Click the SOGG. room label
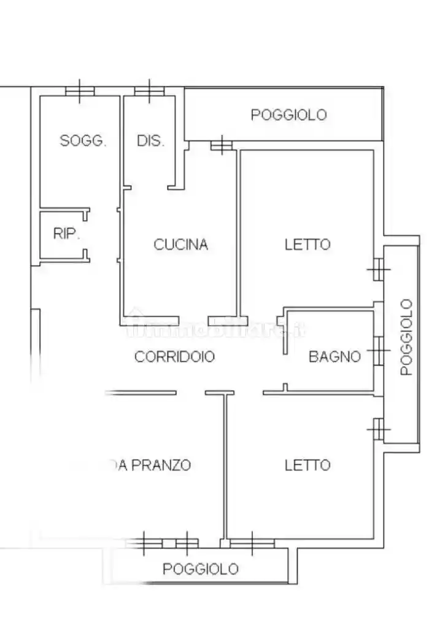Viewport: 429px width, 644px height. (x=83, y=140)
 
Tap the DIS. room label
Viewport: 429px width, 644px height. (x=150, y=140)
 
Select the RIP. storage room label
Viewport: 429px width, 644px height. (x=66, y=234)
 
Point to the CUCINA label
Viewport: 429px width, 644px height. (x=180, y=245)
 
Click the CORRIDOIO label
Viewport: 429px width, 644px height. (x=174, y=356)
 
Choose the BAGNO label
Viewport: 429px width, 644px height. (x=334, y=356)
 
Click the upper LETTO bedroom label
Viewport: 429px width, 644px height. (x=307, y=245)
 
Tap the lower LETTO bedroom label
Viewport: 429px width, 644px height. (x=307, y=466)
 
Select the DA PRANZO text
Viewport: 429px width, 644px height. (x=153, y=466)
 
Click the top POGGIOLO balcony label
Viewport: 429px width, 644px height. (x=288, y=115)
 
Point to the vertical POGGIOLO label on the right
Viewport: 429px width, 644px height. (x=406, y=337)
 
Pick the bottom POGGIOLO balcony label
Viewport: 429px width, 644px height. (x=200, y=569)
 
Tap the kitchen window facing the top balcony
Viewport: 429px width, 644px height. (x=221, y=145)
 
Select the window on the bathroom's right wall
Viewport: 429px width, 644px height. (x=379, y=352)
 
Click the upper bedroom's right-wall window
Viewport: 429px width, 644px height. (x=379, y=269)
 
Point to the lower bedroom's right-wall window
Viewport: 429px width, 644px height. (x=379, y=429)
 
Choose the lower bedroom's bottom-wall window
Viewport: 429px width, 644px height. (x=252, y=542)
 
